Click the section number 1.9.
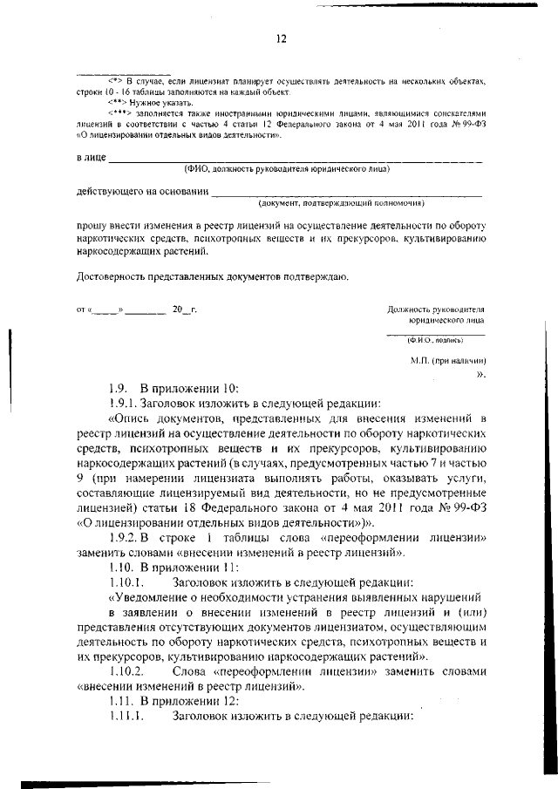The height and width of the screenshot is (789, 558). point(119,388)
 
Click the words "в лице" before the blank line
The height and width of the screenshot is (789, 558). point(91,158)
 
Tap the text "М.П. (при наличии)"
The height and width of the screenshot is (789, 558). point(447,360)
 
